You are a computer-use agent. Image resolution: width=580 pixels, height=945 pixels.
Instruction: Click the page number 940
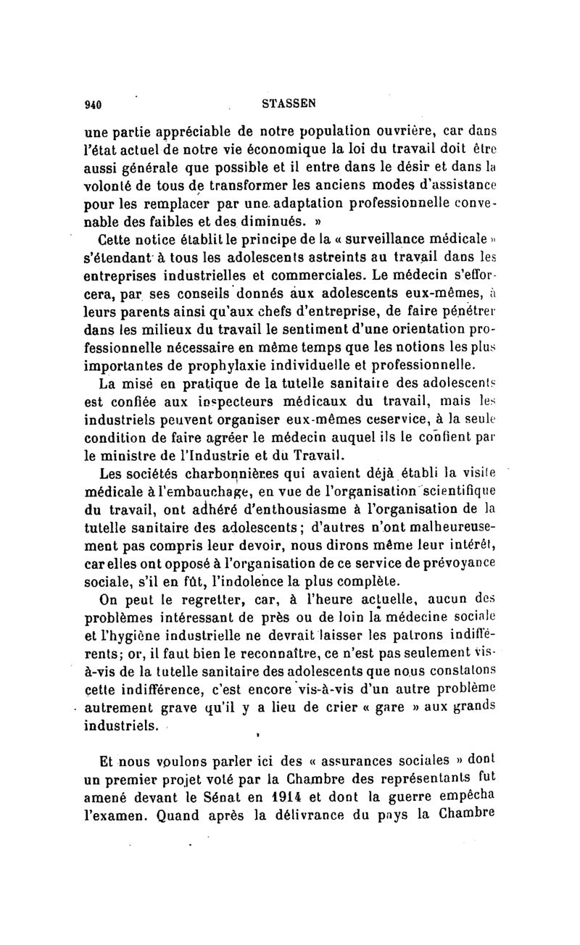(x=93, y=104)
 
